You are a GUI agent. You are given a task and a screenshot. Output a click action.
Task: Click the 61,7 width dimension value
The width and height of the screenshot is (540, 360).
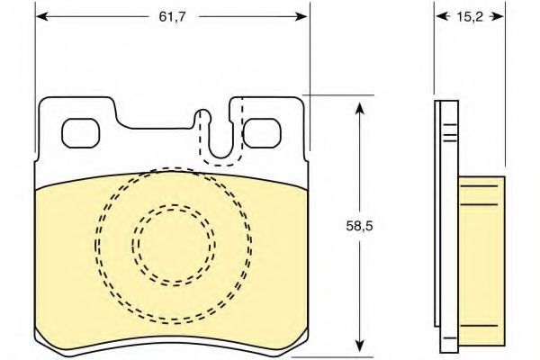pyautogui.click(x=172, y=16)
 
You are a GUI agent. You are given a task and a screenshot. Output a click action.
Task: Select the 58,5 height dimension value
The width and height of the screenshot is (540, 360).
pyautogui.click(x=359, y=226)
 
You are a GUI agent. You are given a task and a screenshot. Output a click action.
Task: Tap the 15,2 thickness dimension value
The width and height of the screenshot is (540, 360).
pyautogui.click(x=470, y=16)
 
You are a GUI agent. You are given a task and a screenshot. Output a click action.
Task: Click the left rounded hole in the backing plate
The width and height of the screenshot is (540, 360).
pyautogui.click(x=81, y=133)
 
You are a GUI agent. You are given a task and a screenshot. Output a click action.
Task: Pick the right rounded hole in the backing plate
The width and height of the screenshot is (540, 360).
pyautogui.click(x=263, y=133)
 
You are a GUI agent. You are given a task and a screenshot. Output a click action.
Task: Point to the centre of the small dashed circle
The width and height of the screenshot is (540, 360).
pyautogui.click(x=174, y=245)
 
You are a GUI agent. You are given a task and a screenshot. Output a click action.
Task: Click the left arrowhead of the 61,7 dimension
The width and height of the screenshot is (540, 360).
pyautogui.click(x=42, y=16)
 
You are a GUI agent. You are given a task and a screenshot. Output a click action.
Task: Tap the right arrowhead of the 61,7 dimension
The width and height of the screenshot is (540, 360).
pyautogui.click(x=301, y=16)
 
